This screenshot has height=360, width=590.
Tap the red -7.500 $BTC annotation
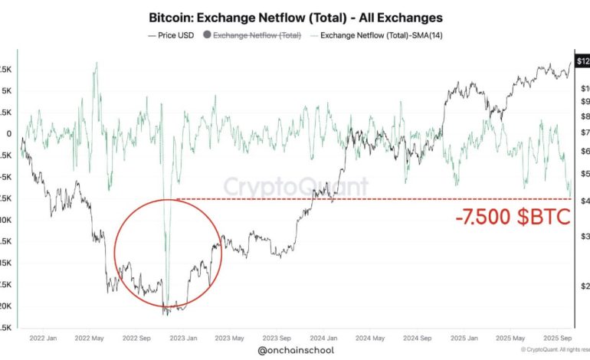513,218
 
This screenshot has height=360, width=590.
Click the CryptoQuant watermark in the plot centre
296,186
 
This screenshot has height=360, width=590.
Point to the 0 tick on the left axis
8,133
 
